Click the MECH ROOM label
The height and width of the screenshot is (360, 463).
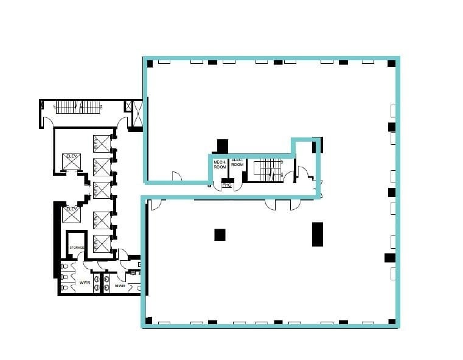pos(220,164)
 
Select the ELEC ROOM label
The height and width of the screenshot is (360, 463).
pos(237,162)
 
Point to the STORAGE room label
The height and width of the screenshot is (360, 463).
pos(77,247)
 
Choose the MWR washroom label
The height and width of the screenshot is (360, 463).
pos(120,285)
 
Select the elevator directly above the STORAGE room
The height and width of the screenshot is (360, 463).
pos(71,215)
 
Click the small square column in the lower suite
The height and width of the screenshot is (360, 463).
pos(220,234)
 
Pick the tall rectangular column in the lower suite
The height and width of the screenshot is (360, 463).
pos(317,234)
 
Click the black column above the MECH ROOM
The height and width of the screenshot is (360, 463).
pos(222,146)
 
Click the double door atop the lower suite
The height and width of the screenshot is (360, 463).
pos(282,204)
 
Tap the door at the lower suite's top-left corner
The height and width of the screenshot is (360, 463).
pos(155,204)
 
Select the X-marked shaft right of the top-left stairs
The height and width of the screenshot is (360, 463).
pos(137,114)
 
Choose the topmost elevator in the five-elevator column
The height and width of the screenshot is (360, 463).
pos(102,144)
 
